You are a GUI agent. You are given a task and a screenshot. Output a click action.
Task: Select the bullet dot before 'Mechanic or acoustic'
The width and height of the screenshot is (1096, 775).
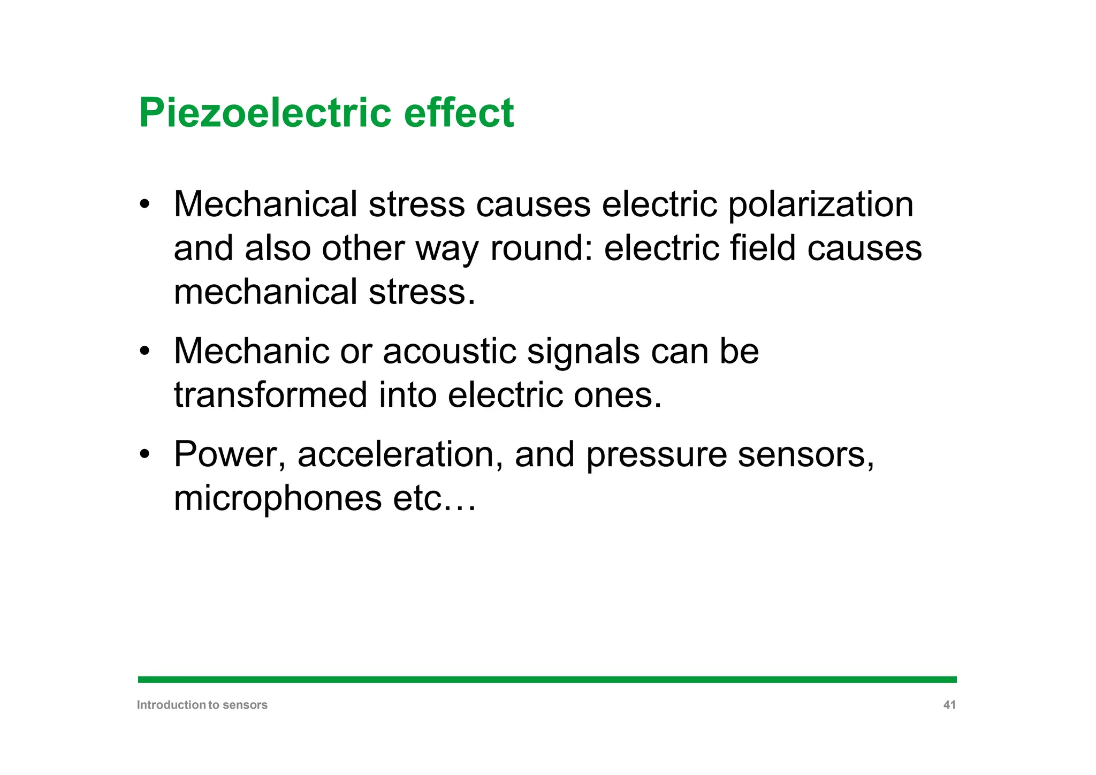[x=144, y=352]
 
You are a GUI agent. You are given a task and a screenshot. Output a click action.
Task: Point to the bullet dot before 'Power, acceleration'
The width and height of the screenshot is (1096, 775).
[x=144, y=454]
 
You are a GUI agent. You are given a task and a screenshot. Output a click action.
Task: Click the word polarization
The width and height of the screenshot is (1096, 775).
[x=820, y=205]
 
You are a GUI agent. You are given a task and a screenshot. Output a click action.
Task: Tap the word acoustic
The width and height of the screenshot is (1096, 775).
[x=449, y=352]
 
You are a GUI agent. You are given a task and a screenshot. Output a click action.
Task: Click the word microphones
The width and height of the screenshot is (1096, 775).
[x=278, y=499]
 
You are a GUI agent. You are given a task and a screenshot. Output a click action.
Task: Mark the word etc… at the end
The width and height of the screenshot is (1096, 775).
[x=434, y=499]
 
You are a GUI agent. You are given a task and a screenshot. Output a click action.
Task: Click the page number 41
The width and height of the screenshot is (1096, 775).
[x=949, y=705]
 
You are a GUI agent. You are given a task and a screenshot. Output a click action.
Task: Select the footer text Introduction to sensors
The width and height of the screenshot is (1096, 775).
[x=202, y=705]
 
